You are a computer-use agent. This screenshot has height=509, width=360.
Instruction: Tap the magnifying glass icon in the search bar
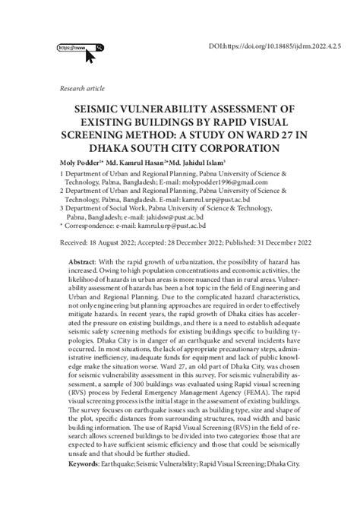pyautogui.click(x=99, y=47)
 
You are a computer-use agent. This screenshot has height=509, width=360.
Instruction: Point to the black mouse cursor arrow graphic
pyautogui.click(x=90, y=55)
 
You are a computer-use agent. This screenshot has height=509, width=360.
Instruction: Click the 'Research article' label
pyautogui.click(x=82, y=89)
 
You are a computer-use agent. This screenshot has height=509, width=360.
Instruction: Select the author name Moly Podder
pyautogui.click(x=79, y=163)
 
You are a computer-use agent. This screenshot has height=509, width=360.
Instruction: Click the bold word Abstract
pyautogui.click(x=84, y=260)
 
